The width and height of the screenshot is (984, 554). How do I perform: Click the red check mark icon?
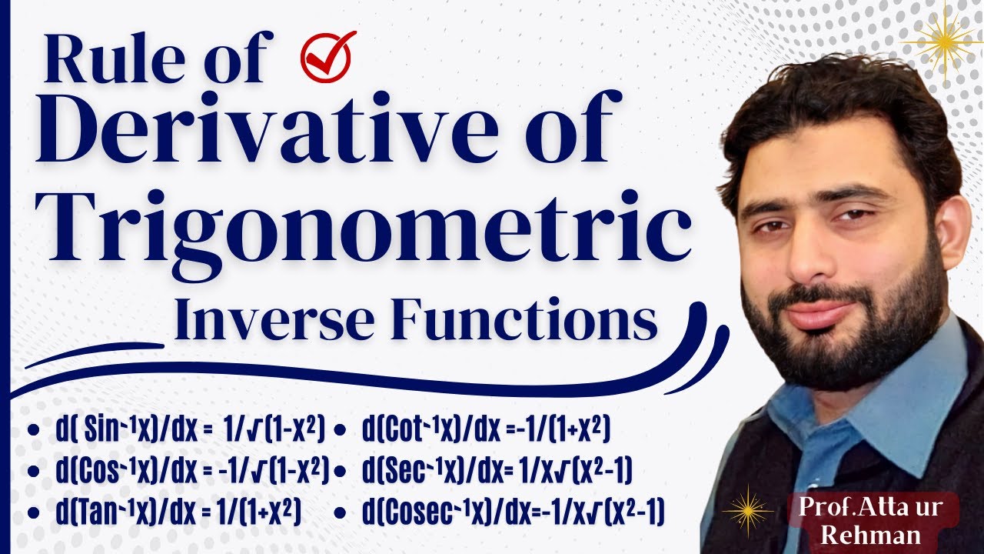coord(328,56)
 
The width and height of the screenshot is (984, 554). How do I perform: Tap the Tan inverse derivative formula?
coord(177,510)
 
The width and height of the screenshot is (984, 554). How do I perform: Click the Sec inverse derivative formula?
coord(497,469)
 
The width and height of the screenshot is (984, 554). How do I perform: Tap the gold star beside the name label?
coord(747,510)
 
